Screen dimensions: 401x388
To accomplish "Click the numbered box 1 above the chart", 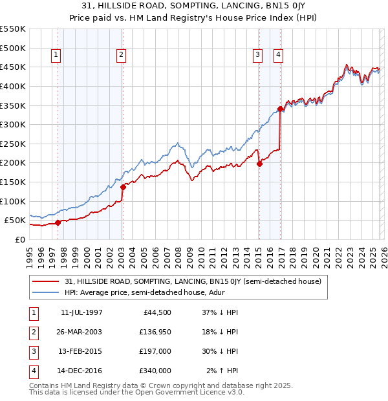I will tap(57, 56).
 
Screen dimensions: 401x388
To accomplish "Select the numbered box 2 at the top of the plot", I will tap(121, 56).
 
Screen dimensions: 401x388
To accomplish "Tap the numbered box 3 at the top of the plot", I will tap(257, 56).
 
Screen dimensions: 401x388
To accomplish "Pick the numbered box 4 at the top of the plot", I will tap(278, 56).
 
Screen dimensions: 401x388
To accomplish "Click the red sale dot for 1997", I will tap(58, 222).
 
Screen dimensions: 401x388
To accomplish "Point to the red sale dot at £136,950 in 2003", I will tap(123, 187).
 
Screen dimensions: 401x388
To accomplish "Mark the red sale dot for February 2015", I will tap(259, 164).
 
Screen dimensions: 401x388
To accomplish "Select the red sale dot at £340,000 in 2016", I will tap(280, 109).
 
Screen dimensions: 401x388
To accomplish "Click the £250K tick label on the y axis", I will tap(13, 144).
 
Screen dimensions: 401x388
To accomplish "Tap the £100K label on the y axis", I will tap(13, 201).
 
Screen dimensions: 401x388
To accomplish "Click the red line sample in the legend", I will tap(46, 281).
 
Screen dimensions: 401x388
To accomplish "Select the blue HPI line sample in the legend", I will tap(46, 292).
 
